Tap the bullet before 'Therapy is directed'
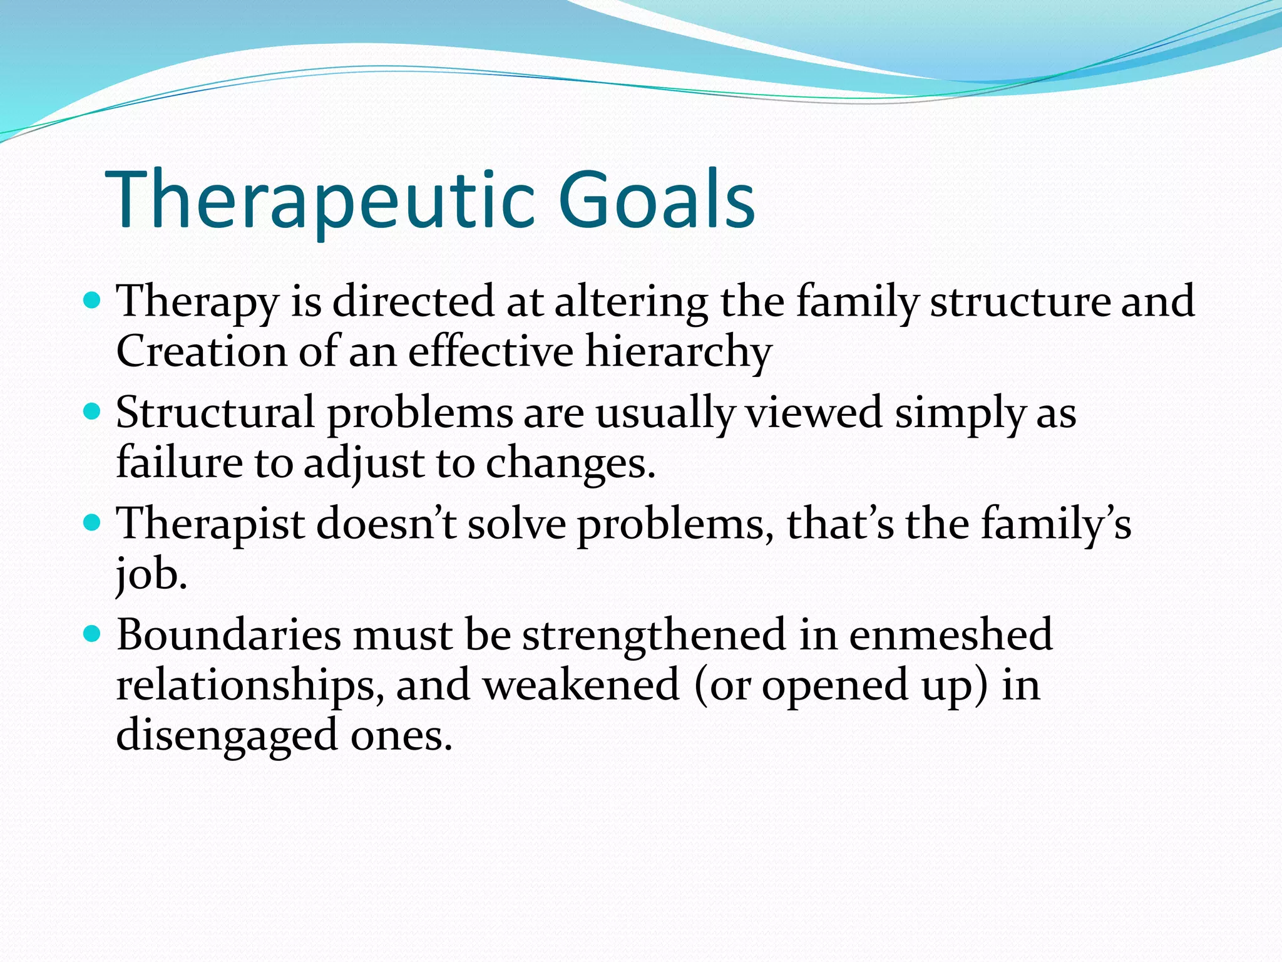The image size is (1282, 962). [x=91, y=301]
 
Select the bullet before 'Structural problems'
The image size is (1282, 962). [x=91, y=412]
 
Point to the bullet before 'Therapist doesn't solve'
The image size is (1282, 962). [x=91, y=523]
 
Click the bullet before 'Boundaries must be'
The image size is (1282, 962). [x=91, y=634]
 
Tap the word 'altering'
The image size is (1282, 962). [x=631, y=301]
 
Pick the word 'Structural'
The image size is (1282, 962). [x=215, y=413]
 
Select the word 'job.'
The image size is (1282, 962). [x=151, y=574]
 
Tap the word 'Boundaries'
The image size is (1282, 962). [x=228, y=635]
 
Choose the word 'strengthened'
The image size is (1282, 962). [x=654, y=635]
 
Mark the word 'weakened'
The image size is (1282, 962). [x=581, y=685]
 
